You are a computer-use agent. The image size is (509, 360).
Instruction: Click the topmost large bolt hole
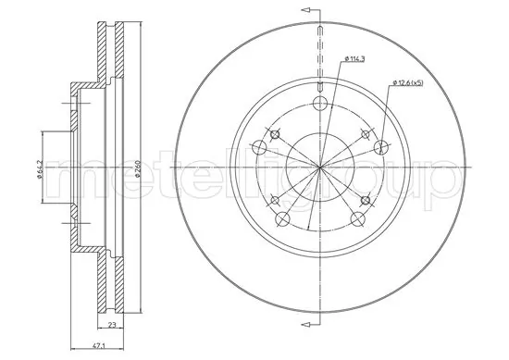(319, 103)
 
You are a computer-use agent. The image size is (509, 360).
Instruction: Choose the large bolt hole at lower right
(356, 217)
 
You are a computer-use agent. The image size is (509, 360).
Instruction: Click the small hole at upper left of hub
(275, 134)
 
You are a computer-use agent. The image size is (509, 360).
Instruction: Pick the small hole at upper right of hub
(364, 134)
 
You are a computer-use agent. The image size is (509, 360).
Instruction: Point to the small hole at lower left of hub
(275, 199)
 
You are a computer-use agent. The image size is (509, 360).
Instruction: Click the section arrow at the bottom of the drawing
(305, 324)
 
